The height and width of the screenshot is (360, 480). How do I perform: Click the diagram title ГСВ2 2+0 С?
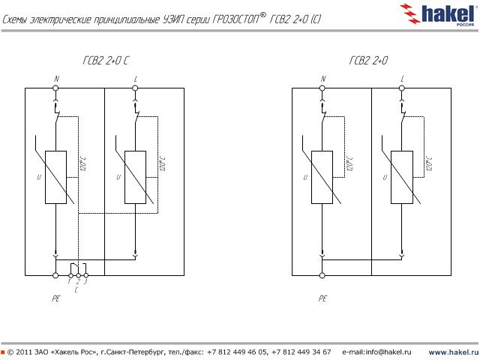106,61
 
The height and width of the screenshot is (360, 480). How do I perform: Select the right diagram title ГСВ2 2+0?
368,61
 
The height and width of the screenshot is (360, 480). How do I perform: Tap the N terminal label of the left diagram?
56,78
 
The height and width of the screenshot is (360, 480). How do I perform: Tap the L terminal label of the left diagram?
136,78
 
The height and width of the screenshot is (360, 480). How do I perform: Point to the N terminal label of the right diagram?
323,78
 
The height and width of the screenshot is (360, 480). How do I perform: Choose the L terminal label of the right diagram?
403,78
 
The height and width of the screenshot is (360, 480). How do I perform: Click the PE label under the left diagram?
55,298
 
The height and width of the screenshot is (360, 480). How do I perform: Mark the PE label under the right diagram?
322,298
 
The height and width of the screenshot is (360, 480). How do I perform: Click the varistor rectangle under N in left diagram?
56,177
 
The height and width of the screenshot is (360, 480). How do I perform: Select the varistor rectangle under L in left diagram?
135,177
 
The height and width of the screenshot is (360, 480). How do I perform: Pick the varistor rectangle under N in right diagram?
322,177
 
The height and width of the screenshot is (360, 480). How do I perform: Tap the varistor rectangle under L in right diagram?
402,177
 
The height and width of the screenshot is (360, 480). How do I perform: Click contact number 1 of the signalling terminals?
70,281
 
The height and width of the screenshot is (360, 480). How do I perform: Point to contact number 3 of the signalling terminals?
85,281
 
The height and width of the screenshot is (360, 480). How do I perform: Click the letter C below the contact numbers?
77,289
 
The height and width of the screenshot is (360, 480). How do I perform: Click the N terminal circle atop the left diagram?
56,88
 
